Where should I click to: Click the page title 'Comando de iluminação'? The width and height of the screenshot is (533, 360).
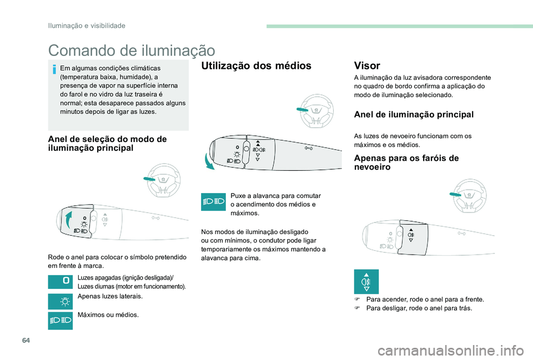132,50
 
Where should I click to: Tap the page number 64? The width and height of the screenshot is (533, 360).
26,340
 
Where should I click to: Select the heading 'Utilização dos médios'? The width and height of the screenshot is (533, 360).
257,65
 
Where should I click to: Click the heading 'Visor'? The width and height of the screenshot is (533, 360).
367,65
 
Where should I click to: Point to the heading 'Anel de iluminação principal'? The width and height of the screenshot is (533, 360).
414,114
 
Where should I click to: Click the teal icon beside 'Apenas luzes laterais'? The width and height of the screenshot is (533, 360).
61,302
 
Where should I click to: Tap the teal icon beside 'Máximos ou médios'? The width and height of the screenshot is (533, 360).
61,321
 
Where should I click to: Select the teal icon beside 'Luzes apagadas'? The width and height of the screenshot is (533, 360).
61,282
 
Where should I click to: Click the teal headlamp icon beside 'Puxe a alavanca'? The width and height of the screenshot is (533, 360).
213,202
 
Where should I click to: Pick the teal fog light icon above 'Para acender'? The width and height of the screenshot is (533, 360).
366,282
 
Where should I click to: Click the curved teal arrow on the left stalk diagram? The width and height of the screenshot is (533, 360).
68,220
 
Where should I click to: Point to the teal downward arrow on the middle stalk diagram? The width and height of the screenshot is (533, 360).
208,161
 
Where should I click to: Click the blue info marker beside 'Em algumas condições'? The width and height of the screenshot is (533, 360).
54,69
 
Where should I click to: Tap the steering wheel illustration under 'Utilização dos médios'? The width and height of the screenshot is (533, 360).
315,111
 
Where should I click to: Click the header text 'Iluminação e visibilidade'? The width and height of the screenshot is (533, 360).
87,26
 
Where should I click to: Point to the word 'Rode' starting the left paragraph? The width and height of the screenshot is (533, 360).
55,257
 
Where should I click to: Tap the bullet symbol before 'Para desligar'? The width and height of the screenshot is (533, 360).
357,308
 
